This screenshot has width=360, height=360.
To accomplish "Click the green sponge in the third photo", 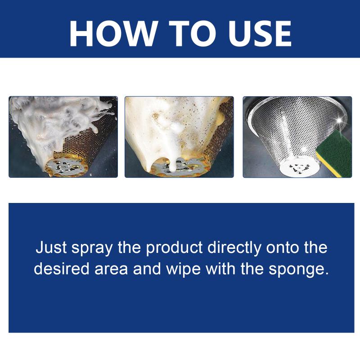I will [x=335, y=144].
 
